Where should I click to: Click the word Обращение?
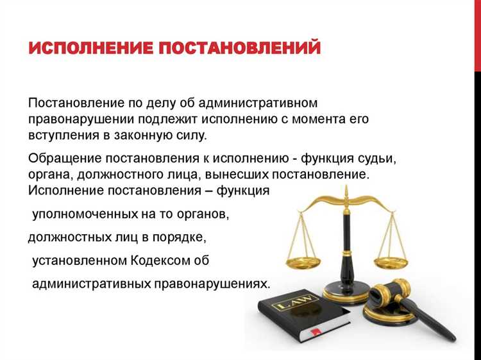(x=62, y=158)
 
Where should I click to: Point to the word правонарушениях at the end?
(x=214, y=283)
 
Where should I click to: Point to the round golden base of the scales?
(x=346, y=294)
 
